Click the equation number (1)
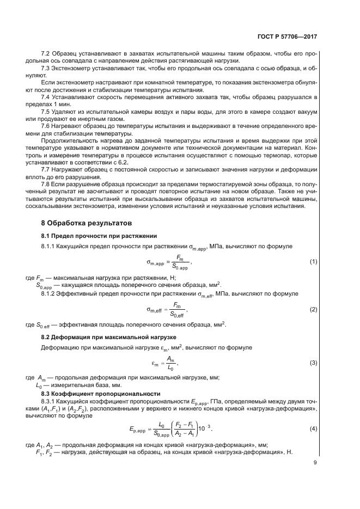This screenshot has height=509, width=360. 313,262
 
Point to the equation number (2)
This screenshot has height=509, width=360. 313,309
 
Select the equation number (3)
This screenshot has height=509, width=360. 313,363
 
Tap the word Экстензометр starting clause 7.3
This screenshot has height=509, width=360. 72,68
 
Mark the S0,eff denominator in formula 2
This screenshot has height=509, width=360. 176,315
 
